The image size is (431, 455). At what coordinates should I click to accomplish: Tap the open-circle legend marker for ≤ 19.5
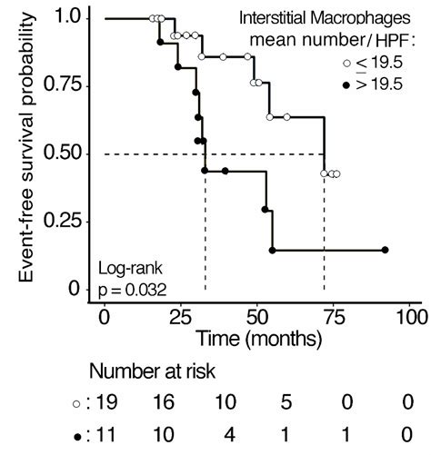coord(346,62)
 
